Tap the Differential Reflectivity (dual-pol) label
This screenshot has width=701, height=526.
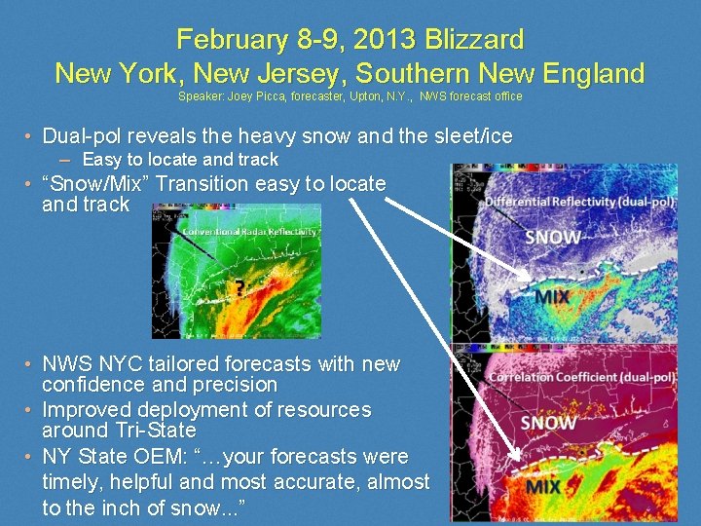(581, 202)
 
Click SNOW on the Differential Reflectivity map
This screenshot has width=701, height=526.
(552, 237)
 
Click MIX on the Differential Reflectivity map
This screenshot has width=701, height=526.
(552, 296)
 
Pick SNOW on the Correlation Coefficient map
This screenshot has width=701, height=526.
(548, 422)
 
